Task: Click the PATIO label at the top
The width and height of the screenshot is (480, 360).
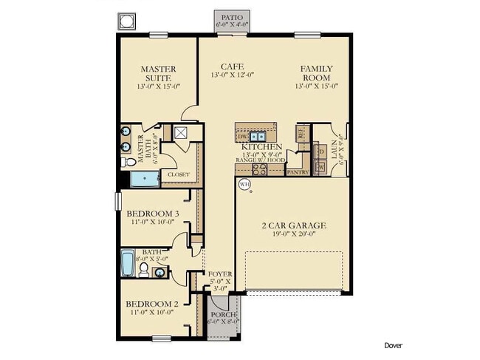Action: point(232,16)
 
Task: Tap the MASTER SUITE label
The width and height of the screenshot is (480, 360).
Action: point(158,73)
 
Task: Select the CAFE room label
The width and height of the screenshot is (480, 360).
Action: point(232,69)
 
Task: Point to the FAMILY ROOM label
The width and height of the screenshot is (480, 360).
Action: point(316,73)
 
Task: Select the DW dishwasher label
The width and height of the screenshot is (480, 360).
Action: point(243,137)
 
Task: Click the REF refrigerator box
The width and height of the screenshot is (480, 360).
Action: point(301,133)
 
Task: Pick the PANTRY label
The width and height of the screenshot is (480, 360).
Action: point(297,171)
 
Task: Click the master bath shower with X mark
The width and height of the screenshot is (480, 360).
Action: point(181,133)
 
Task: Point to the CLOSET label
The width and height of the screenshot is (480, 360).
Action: point(178,174)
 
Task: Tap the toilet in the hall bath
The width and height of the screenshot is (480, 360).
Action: point(144,271)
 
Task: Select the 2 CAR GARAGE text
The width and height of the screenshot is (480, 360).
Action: point(293,225)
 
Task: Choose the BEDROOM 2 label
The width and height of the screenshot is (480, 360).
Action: point(151,304)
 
